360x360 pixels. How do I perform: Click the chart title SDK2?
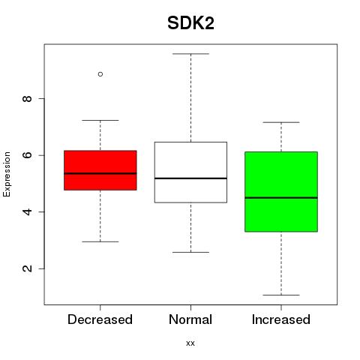[x=190, y=23]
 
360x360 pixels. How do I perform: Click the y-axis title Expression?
[x=7, y=174]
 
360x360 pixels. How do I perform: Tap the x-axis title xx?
[x=190, y=343]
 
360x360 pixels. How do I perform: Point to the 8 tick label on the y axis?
[x=27, y=98]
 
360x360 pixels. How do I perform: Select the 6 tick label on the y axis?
[x=27, y=155]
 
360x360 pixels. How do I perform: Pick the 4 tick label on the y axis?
[x=27, y=211]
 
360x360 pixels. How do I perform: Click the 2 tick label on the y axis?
[x=27, y=268]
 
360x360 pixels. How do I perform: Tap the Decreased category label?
[x=100, y=319]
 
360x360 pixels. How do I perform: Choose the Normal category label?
[x=190, y=319]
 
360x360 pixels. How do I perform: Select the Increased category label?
[x=281, y=319]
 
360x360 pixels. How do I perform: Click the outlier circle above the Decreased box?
[x=100, y=74]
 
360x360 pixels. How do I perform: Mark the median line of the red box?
[x=100, y=173]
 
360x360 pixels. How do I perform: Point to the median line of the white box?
[x=190, y=178]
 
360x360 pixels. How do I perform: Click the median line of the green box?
[x=281, y=198]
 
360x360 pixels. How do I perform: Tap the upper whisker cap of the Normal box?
[x=190, y=54]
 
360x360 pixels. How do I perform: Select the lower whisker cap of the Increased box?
[x=281, y=295]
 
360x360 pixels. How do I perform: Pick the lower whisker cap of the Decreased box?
[x=100, y=241]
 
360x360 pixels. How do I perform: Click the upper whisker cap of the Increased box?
[x=281, y=122]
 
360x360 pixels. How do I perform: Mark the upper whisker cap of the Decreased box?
[x=100, y=120]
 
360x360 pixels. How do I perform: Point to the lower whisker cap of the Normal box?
[x=190, y=252]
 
